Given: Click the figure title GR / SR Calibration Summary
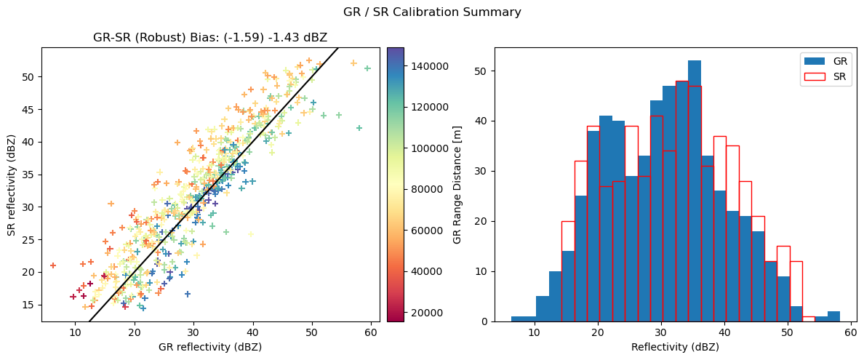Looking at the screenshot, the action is point(432,12).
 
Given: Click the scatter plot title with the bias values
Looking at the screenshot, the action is point(210,39).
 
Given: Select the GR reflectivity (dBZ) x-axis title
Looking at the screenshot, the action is point(210,348).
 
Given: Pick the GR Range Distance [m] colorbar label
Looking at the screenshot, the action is point(457,185).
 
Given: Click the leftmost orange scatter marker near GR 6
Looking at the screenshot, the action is point(53,265).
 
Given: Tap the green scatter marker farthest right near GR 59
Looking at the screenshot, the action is point(367,68).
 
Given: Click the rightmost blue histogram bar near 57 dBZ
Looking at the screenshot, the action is point(833,316).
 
